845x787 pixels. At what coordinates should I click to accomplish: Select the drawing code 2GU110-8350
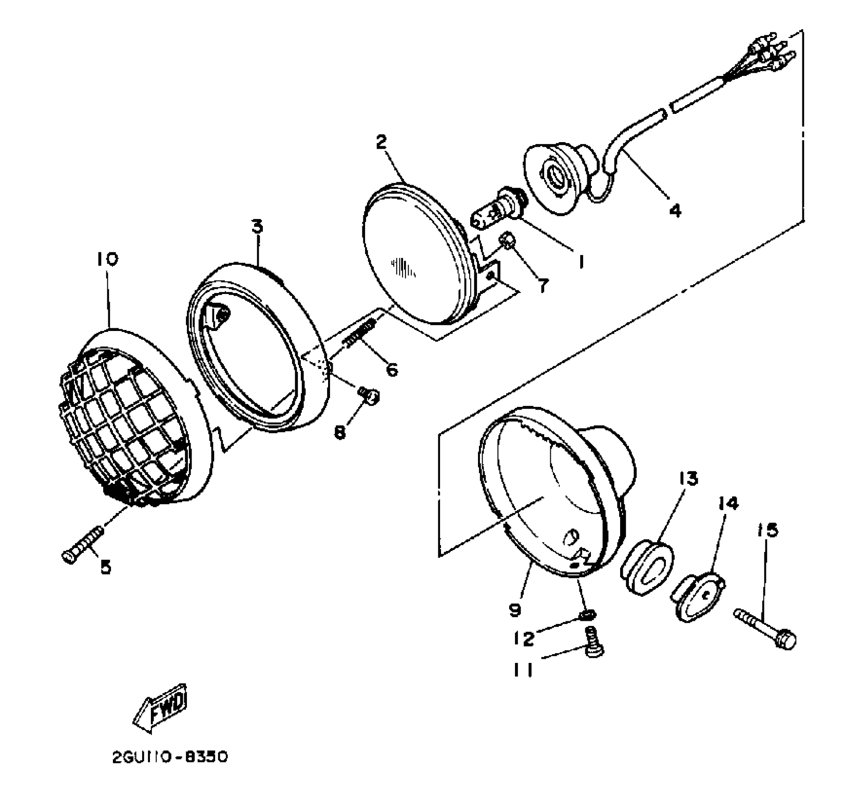pyautogui.click(x=170, y=757)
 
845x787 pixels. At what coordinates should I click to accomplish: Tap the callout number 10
pyautogui.click(x=107, y=259)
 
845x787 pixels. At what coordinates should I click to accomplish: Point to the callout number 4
pyautogui.click(x=675, y=211)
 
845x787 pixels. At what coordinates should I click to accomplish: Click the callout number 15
pyautogui.click(x=768, y=530)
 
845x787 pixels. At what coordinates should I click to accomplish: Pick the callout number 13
pyautogui.click(x=688, y=478)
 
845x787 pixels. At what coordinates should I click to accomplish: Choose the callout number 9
pyautogui.click(x=515, y=610)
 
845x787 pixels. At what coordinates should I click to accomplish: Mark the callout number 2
pyautogui.click(x=380, y=142)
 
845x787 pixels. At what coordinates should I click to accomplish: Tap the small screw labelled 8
pyautogui.click(x=369, y=395)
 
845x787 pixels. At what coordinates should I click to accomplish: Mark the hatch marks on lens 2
pyautogui.click(x=403, y=268)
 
